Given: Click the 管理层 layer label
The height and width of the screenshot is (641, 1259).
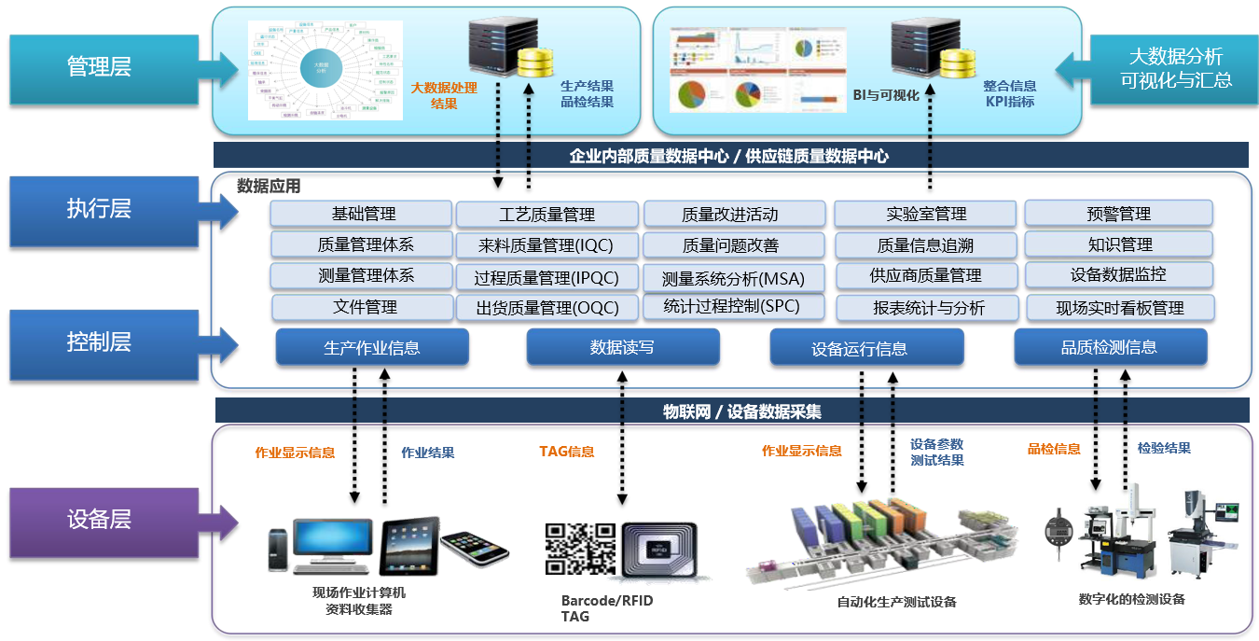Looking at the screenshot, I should pos(99,67).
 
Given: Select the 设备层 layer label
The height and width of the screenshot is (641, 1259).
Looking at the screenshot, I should pos(99,520).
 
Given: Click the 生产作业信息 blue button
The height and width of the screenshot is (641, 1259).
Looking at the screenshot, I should pos(371,347).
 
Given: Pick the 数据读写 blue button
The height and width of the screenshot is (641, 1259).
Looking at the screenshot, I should pos(622,347).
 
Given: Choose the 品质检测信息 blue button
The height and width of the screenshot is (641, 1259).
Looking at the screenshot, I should pos(1109,347).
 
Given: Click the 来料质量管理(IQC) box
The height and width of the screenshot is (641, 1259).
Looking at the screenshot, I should pos(546,245).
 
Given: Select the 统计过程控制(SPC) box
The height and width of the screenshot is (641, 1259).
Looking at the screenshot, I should pos(733,306).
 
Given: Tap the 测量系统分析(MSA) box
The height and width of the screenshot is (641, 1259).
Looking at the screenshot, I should pos(733,277).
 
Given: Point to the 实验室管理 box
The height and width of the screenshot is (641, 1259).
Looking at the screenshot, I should pos(925,215).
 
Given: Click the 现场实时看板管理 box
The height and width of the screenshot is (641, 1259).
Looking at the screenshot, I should pos(1119,308).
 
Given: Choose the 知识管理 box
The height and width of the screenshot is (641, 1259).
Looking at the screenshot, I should pos(1119,244).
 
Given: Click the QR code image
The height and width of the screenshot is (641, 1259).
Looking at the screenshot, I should pos(580,549).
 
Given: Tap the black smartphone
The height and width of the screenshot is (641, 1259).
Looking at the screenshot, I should pos(475,550).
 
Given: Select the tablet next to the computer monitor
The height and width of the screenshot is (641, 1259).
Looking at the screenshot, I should pos(410,547).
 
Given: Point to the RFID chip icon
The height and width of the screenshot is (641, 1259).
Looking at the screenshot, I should pos(659,551).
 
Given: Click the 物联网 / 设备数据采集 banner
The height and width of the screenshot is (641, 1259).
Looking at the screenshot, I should pos(731,411).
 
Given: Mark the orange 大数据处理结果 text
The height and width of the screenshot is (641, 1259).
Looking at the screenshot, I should pos(444,95).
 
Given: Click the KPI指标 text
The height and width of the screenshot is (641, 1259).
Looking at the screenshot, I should pos(1009,102).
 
